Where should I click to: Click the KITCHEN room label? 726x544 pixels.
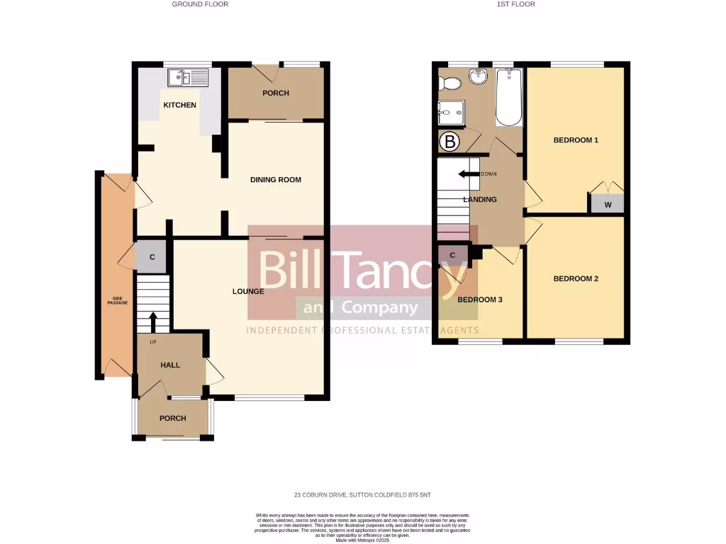pyautogui.click(x=179, y=106)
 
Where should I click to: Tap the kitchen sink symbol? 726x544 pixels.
pyautogui.click(x=188, y=76)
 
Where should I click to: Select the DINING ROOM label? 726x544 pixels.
pyautogui.click(x=276, y=180)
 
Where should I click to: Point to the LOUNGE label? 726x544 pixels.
pyautogui.click(x=248, y=291)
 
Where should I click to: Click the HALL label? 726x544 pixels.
pyautogui.click(x=170, y=365)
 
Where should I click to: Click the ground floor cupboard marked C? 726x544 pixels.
pyautogui.click(x=152, y=256)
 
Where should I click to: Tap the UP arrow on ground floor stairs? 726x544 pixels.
pyautogui.click(x=152, y=321)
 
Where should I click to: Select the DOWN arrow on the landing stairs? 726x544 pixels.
pyautogui.click(x=467, y=174)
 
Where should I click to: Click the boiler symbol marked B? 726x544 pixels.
pyautogui.click(x=449, y=142)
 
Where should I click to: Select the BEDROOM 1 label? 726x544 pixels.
pyautogui.click(x=576, y=140)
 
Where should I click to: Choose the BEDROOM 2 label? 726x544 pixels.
pyautogui.click(x=576, y=279)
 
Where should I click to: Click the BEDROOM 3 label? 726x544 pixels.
pyautogui.click(x=480, y=300)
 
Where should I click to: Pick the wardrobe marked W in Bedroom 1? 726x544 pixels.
pyautogui.click(x=608, y=205)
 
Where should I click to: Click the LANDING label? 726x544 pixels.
pyautogui.click(x=480, y=200)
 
